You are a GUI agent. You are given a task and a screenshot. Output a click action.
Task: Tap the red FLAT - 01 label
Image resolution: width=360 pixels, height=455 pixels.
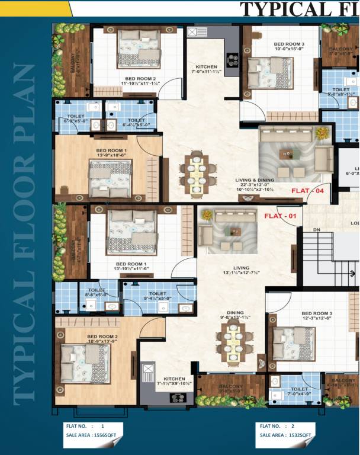click(x=279, y=216)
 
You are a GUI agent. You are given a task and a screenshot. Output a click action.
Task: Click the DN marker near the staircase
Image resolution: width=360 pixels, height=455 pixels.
click(x=316, y=229)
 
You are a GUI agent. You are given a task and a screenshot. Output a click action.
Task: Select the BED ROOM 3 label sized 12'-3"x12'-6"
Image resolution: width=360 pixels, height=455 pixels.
click(x=316, y=316)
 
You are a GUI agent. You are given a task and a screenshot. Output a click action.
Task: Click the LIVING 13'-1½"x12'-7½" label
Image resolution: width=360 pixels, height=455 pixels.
click(x=241, y=270)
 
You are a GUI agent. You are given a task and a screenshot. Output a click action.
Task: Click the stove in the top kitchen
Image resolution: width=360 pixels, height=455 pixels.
click(x=232, y=60)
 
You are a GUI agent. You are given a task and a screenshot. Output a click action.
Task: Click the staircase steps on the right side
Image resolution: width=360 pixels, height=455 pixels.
click(x=323, y=258)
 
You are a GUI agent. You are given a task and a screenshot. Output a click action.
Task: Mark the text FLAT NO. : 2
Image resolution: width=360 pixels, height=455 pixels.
click(x=277, y=425)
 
